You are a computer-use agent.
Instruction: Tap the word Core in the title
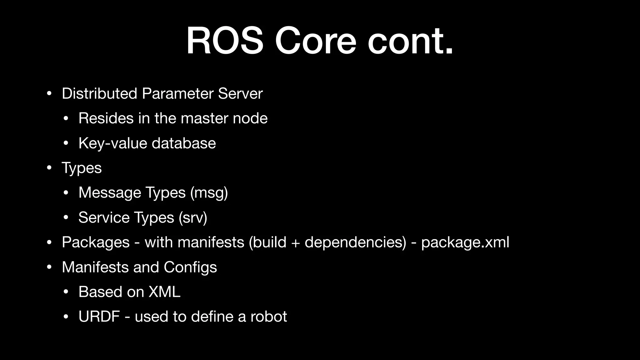[315, 41]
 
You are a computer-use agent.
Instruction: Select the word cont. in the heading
[410, 41]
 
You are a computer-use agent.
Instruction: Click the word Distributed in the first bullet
[99, 93]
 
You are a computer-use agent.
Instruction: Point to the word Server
[240, 93]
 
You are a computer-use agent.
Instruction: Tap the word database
[184, 143]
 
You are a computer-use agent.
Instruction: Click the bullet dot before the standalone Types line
[49, 168]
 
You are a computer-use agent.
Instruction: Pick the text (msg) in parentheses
[209, 192]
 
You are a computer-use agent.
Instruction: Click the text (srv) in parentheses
[193, 217]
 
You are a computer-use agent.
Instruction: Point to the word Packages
[96, 242]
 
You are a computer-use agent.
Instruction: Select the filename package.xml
[465, 242]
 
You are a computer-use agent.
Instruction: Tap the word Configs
[190, 267]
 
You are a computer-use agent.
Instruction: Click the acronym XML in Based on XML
[164, 292]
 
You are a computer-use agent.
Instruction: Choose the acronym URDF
[99, 316]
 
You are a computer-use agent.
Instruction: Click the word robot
[268, 316]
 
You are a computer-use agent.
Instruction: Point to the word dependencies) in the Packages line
[355, 242]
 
